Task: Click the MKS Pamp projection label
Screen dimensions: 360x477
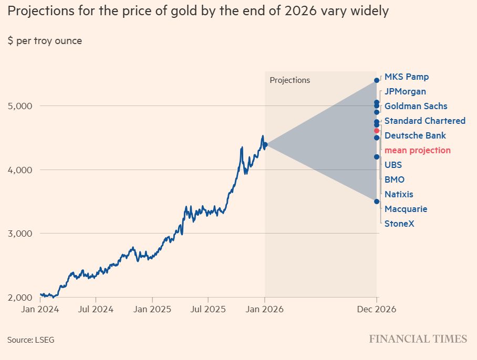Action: [406, 77]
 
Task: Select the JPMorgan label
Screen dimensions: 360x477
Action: [405, 92]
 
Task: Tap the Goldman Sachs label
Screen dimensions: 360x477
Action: [416, 107]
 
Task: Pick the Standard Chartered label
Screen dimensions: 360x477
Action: [424, 121]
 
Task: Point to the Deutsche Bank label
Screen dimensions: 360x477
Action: [415, 136]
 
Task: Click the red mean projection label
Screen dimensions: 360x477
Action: [417, 151]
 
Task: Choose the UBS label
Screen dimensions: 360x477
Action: [393, 165]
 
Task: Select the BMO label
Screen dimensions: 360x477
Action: [394, 180]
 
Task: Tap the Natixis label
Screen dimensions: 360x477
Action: [398, 195]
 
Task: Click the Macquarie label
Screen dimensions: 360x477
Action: [406, 209]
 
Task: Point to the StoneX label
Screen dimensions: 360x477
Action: [399, 224]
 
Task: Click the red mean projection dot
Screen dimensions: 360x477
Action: [377, 131]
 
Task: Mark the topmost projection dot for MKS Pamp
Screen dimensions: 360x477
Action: [377, 80]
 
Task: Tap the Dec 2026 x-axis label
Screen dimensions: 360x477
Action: [376, 310]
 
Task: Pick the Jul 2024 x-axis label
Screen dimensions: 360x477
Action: [96, 310]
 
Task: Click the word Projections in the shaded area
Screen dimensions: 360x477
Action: [289, 80]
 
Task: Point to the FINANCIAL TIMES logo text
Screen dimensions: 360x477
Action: [418, 339]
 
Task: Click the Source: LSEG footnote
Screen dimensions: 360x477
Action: [30, 340]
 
